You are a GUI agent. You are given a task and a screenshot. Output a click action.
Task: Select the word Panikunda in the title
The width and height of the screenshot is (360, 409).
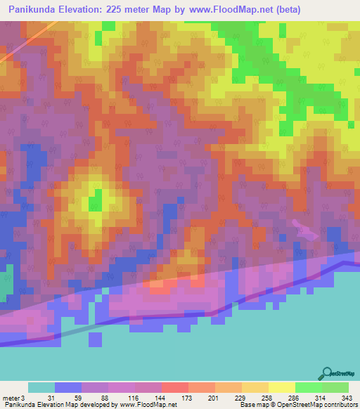31,10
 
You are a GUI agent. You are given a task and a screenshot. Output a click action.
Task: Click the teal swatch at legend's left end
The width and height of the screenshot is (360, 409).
41,387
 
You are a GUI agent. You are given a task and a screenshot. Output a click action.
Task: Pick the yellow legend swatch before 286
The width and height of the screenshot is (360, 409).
281,387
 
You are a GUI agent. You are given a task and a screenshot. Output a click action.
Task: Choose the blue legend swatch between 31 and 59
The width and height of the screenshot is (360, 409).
68,387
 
